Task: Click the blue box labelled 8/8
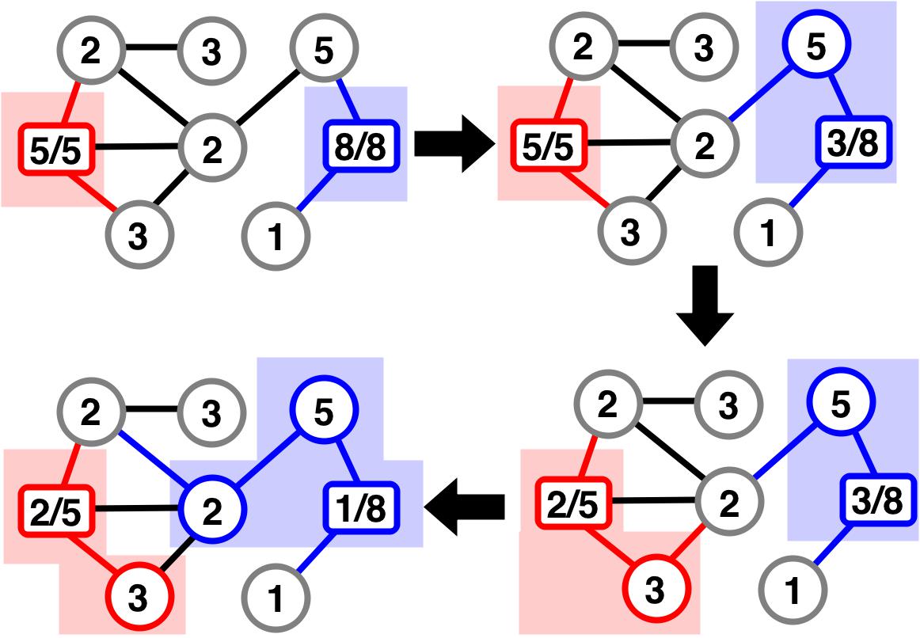(357, 145)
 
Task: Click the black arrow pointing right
(454, 145)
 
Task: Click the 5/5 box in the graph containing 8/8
(54, 146)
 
